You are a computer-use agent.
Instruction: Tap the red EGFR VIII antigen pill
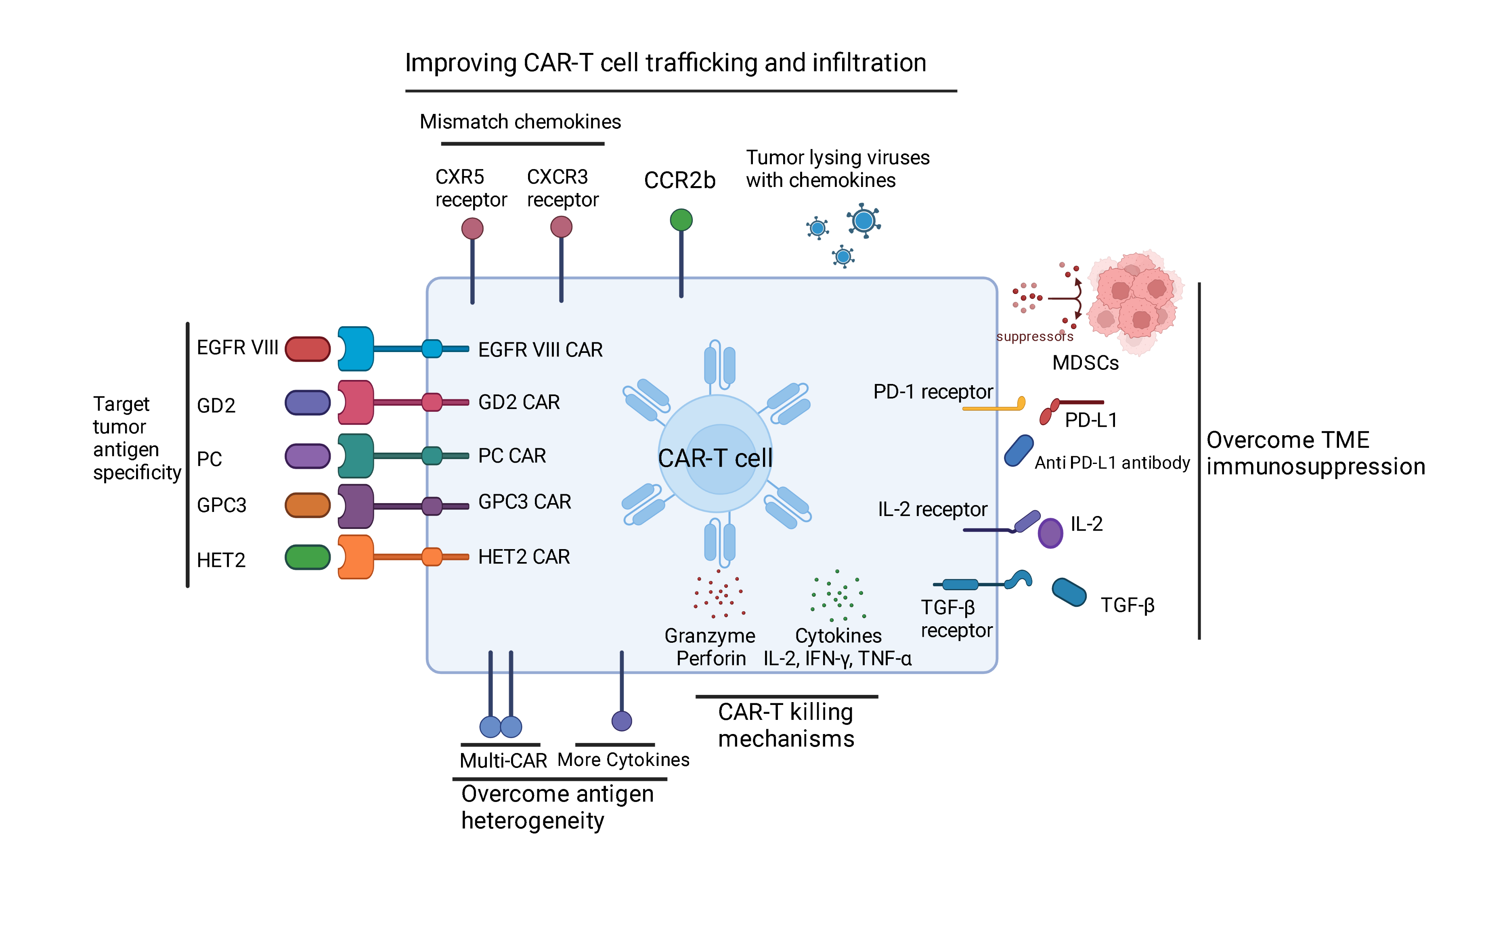coord(308,349)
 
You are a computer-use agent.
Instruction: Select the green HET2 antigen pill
coord(308,557)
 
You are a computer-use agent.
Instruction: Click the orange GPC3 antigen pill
coord(308,505)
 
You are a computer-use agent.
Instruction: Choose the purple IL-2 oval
coord(1050,533)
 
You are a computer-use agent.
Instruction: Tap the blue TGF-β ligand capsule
coord(1068,592)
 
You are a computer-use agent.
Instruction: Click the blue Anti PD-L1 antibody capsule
coord(1019,451)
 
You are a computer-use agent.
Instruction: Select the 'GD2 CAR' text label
coord(519,402)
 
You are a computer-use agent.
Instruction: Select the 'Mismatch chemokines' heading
coord(520,122)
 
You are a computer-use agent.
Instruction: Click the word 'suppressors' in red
coord(1034,336)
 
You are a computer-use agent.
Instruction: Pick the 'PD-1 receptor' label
coord(933,392)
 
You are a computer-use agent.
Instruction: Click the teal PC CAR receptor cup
coord(355,456)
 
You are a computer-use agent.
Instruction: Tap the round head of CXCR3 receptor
coord(561,227)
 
